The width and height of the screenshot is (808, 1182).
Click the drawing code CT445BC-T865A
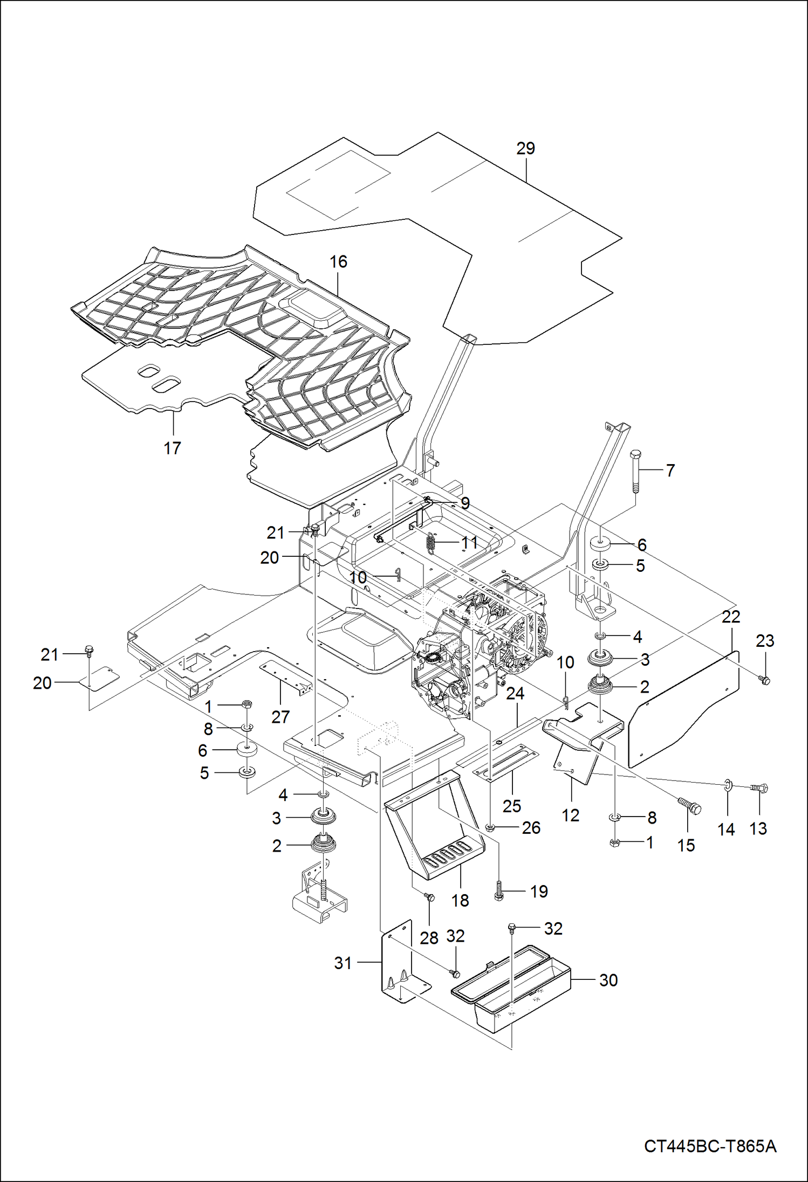tap(710, 1145)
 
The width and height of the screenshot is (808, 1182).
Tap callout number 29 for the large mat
tap(525, 148)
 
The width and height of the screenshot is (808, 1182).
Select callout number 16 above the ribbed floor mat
tap(338, 262)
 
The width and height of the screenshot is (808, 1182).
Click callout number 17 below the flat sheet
tap(172, 448)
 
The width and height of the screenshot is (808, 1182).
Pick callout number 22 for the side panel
tap(731, 617)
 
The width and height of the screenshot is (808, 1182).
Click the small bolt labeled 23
tap(764, 680)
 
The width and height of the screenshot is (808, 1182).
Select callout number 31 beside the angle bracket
tap(343, 963)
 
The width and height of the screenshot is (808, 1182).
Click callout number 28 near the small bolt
tap(429, 938)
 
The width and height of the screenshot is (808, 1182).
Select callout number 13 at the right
tap(758, 828)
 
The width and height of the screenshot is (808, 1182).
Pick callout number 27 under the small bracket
tap(280, 717)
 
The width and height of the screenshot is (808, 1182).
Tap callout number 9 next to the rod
tap(464, 503)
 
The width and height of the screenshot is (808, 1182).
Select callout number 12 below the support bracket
tap(570, 815)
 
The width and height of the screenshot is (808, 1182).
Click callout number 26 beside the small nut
tap(531, 828)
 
